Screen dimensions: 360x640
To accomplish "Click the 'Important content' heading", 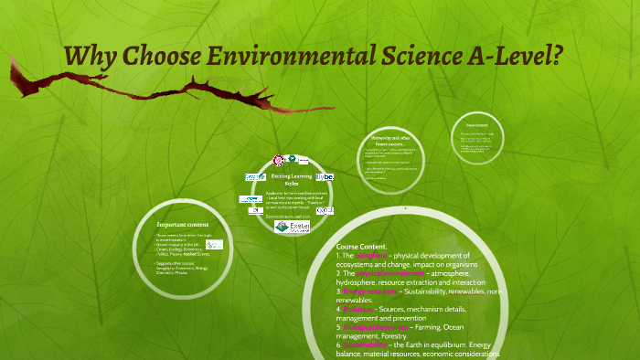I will tap(183, 224).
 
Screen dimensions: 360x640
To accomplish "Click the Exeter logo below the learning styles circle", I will tap(293, 227).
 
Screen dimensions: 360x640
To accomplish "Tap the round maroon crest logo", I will tap(278, 160).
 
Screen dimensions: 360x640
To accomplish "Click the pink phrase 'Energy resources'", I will tap(373, 291).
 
